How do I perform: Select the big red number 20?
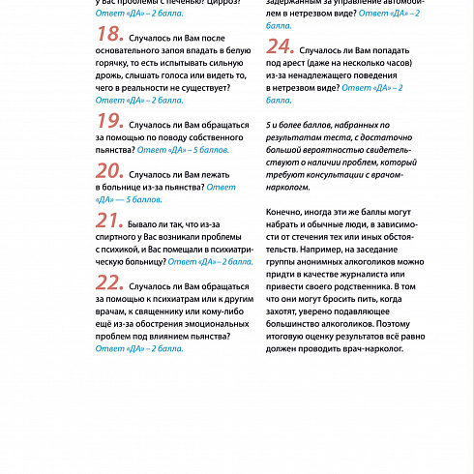(108, 170)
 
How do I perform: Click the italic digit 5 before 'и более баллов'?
(267, 125)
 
